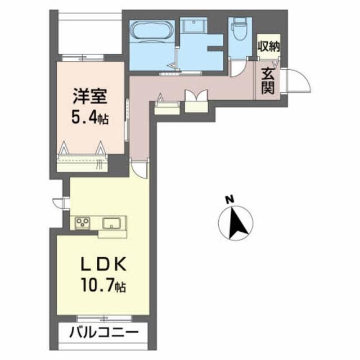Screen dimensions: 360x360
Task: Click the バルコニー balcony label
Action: click(103, 332)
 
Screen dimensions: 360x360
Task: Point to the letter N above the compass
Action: click(229, 199)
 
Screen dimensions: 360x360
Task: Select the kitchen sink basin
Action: click(114, 223)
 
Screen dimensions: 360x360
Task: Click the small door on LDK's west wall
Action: click(58, 203)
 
